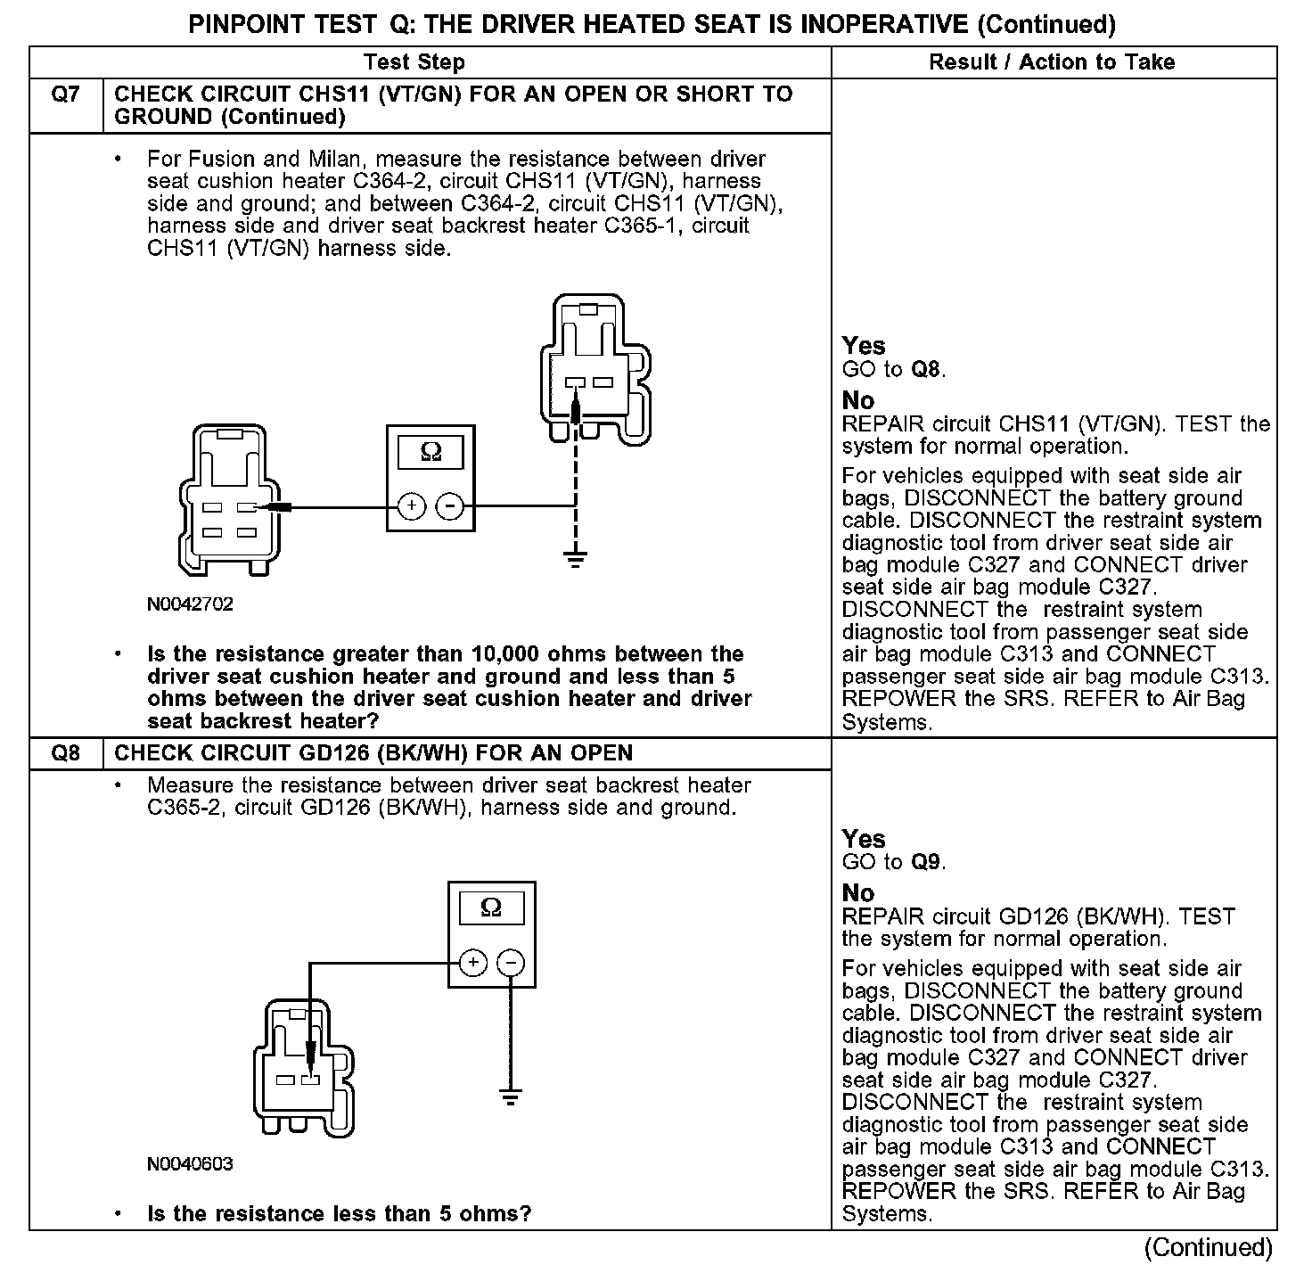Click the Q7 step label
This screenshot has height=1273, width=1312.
click(66, 94)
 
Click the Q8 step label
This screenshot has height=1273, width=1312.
click(66, 754)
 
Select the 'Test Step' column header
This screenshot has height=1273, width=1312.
click(414, 62)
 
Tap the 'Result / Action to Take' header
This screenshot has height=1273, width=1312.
click(1052, 62)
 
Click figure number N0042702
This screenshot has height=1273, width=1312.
click(190, 604)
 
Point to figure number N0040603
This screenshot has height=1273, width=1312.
click(190, 1164)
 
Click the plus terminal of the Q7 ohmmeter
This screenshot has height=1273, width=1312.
click(411, 507)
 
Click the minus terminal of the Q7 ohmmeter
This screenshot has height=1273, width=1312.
click(450, 507)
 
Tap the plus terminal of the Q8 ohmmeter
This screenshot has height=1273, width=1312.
click(472, 963)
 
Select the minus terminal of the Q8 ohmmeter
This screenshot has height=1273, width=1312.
click(511, 963)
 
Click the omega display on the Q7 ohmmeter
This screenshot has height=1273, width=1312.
click(430, 453)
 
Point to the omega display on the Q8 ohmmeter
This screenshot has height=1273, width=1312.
click(491, 908)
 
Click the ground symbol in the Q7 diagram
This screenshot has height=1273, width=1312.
click(577, 561)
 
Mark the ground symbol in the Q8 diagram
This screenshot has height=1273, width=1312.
click(511, 1096)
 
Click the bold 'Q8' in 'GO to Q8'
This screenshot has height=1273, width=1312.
click(926, 370)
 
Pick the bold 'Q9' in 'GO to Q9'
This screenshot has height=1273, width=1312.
click(926, 862)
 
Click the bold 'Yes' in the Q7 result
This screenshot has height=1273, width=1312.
click(864, 346)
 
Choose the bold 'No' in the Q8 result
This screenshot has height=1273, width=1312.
click(858, 892)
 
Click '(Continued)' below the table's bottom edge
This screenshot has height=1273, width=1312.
click(1209, 1248)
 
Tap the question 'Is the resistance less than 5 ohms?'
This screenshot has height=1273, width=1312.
click(339, 1214)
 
